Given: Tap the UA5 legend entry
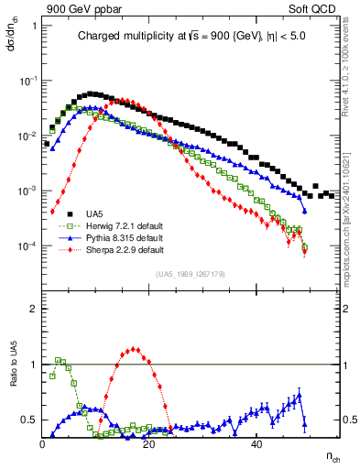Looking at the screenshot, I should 93,216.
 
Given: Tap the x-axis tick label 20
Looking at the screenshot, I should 150,443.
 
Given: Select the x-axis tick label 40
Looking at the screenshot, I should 257,443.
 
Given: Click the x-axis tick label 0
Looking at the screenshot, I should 43,443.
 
